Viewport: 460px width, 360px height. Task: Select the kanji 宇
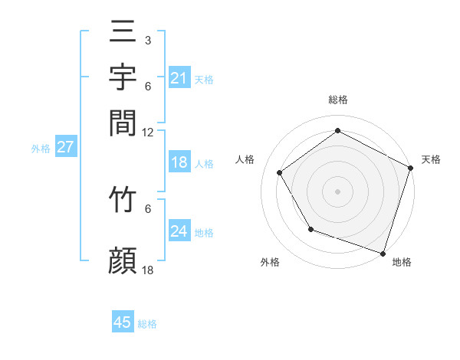tap(123, 78)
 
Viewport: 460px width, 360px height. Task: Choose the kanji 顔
tap(123, 261)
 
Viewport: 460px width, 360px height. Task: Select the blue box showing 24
tap(179, 231)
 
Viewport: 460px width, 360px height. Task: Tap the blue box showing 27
tap(65, 147)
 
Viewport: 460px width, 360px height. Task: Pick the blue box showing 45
tap(123, 322)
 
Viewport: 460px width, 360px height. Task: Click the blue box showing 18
tap(179, 162)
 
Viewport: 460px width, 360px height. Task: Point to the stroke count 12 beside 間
tap(147, 132)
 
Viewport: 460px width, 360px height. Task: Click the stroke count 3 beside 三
tap(147, 40)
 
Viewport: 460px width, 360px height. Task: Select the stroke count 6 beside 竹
tap(147, 208)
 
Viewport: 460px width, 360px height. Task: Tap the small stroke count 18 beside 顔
tap(147, 270)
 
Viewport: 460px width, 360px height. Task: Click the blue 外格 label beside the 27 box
tap(41, 149)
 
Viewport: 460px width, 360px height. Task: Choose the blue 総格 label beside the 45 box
tap(147, 324)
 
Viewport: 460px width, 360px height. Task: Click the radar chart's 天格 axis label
tap(432, 159)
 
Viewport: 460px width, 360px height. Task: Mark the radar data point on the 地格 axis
tap(383, 253)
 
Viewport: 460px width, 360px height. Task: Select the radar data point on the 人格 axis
tap(280, 172)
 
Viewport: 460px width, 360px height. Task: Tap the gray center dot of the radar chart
tap(337, 191)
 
